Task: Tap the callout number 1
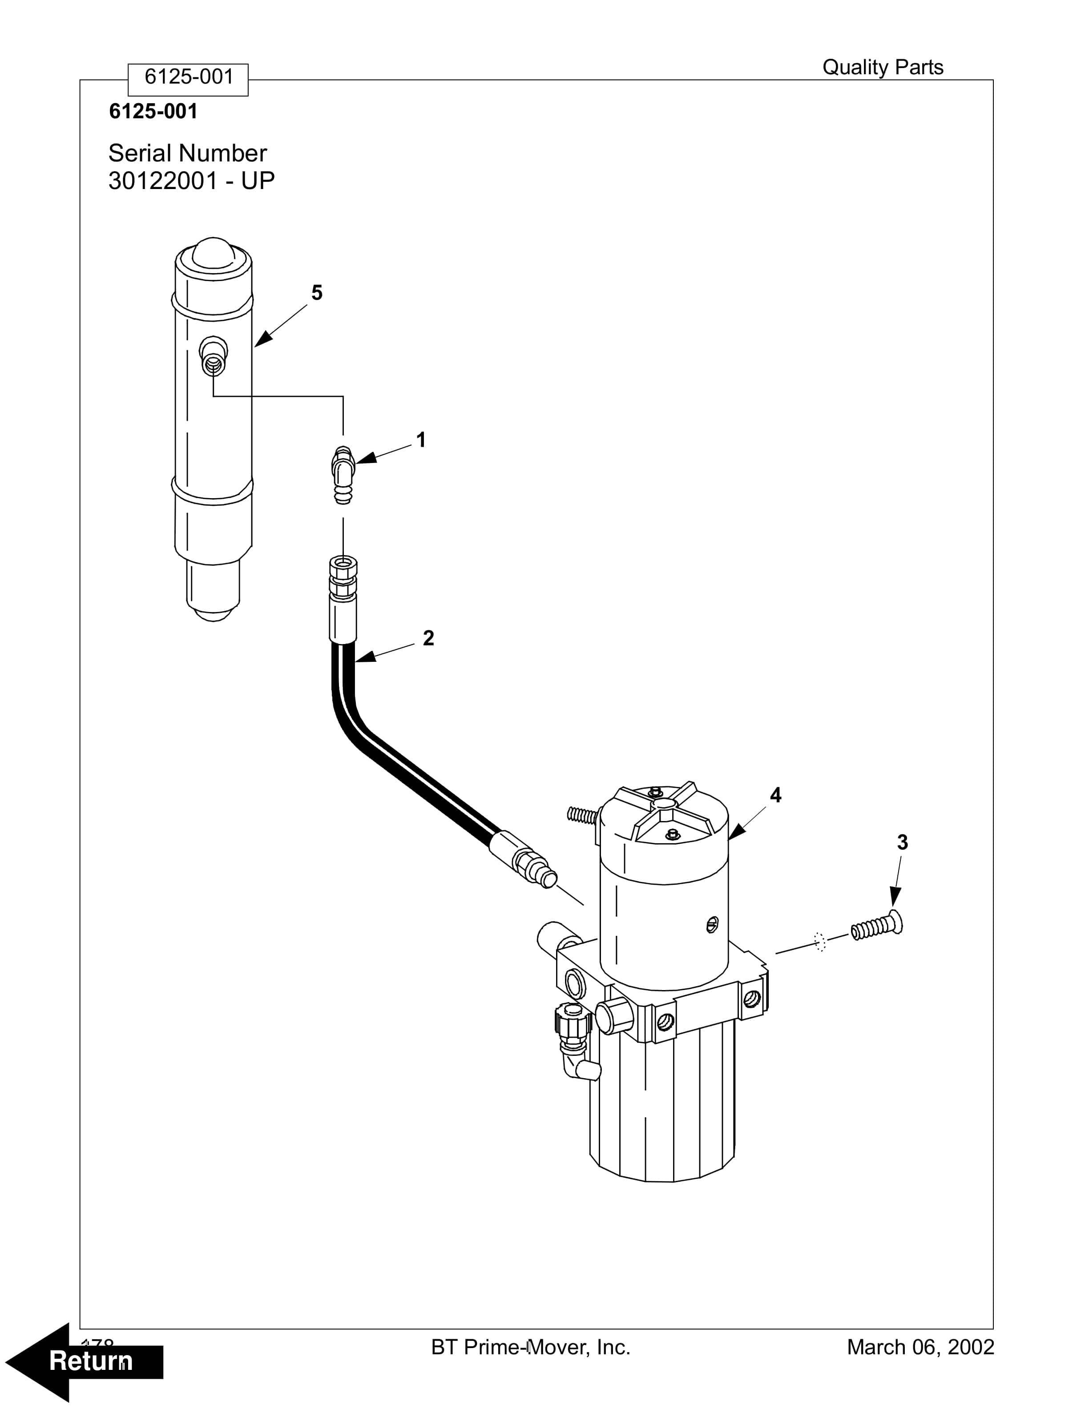click(x=421, y=440)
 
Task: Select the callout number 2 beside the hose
click(x=428, y=638)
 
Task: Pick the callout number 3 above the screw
click(x=902, y=842)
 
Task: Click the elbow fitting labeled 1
click(x=342, y=474)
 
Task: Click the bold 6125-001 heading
click(x=153, y=112)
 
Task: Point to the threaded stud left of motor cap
click(x=580, y=815)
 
